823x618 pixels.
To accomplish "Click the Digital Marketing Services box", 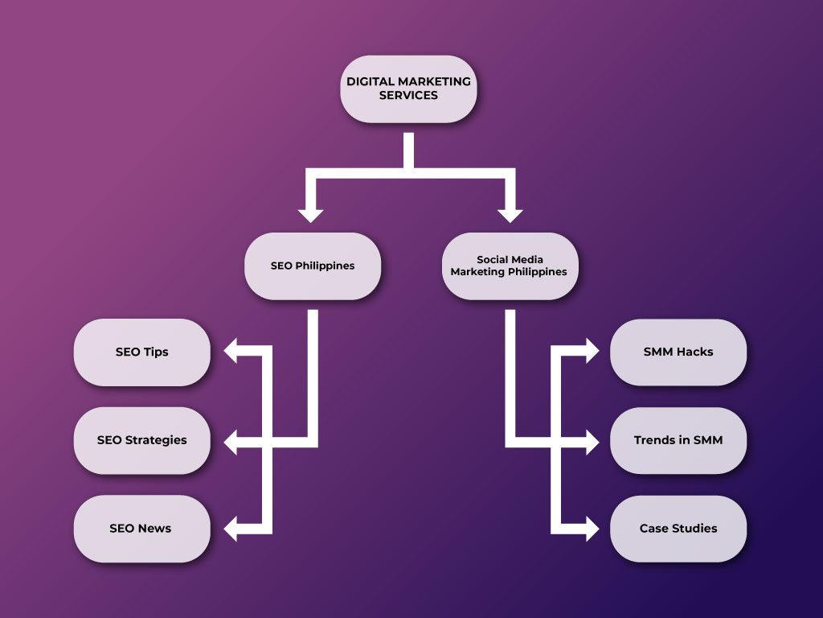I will coord(408,89).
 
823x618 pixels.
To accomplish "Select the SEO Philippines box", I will coord(312,266).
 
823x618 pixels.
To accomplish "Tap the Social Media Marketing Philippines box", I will coord(509,266).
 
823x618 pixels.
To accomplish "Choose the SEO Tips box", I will coord(141,352).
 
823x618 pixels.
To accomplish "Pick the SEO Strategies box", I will coord(141,440).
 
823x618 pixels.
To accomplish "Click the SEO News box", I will coord(141,529).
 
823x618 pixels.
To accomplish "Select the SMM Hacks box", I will coord(678,352).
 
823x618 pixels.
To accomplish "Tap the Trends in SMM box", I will coord(678,440).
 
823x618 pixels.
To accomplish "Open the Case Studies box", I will coord(678,529).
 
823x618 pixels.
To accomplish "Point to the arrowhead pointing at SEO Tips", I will coord(231,352).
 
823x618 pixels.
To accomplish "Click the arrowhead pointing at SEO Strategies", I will coord(231,441).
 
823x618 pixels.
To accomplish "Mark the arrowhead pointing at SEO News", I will coord(231,529).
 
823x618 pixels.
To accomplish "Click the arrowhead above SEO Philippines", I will coord(310,215).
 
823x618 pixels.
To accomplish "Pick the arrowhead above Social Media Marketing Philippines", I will coord(510,215).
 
